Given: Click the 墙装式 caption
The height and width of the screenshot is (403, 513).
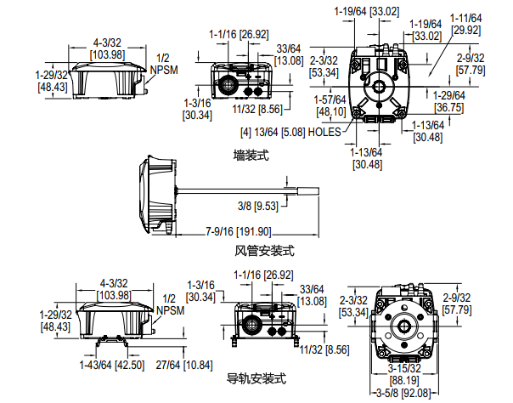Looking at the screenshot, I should click(x=251, y=156).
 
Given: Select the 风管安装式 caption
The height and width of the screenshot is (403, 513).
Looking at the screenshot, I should click(x=264, y=251).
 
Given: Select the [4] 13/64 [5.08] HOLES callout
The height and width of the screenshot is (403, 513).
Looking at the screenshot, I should click(x=290, y=133).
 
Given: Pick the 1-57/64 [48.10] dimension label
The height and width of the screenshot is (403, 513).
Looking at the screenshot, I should click(x=330, y=105).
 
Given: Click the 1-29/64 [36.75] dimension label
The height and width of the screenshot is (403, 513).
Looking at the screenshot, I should click(x=449, y=102).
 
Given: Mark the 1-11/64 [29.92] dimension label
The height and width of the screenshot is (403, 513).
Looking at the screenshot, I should click(x=465, y=24).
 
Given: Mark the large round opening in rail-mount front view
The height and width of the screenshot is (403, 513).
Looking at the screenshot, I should click(x=252, y=325).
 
